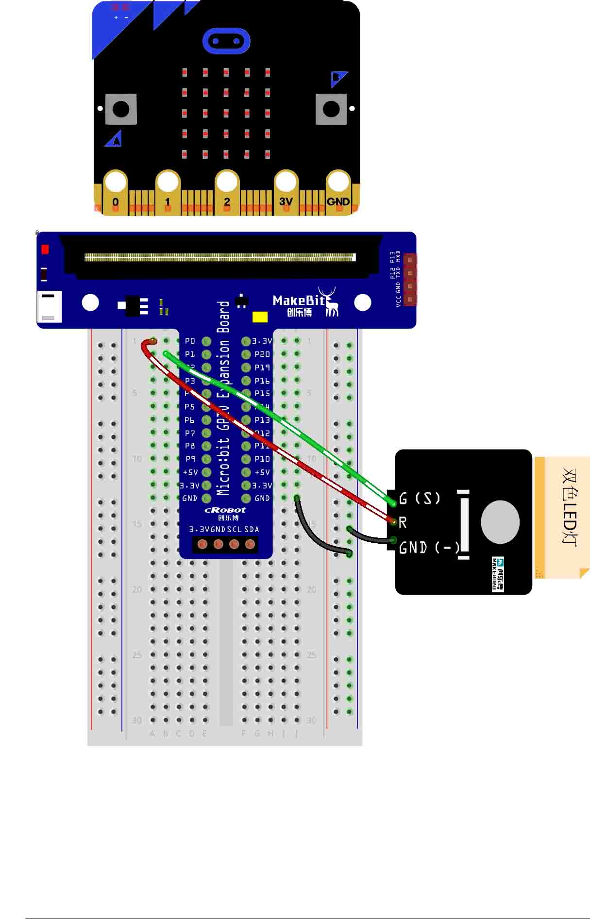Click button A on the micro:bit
click(x=121, y=109)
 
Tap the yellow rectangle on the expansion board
click(x=260, y=317)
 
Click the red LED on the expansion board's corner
click(x=45, y=249)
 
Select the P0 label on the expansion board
click(x=190, y=341)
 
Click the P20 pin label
click(x=262, y=354)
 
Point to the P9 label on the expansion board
click(x=190, y=459)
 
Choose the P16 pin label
click(x=262, y=381)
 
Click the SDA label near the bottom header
click(x=252, y=529)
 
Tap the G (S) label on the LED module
click(x=420, y=498)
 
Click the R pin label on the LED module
click(x=403, y=523)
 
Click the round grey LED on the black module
click(x=500, y=522)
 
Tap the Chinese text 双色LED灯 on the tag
click(x=569, y=507)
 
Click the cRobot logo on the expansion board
click(x=225, y=510)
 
